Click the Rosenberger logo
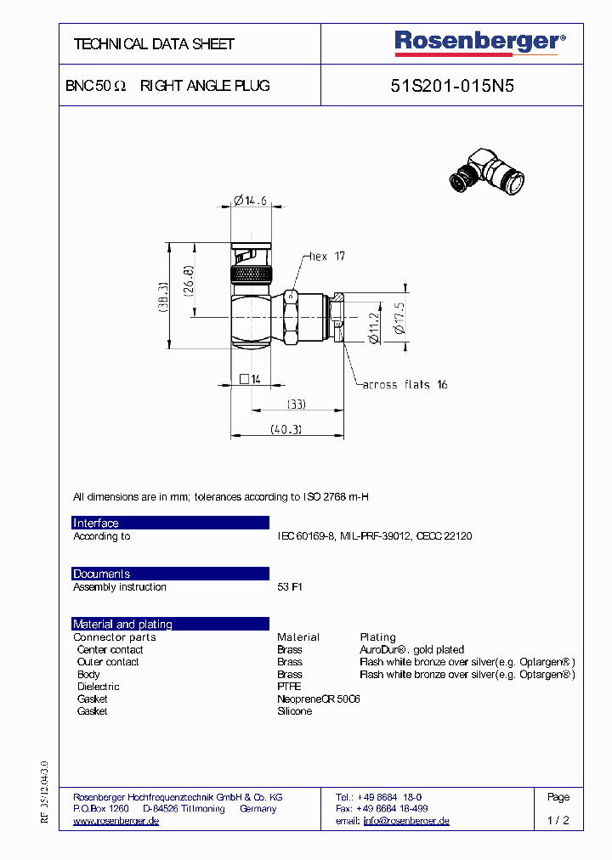click(479, 42)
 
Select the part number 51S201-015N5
click(452, 86)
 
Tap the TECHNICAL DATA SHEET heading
click(154, 44)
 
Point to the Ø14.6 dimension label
click(250, 201)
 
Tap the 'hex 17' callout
click(327, 256)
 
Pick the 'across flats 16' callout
click(405, 385)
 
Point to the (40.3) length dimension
click(286, 429)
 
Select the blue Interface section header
click(170, 523)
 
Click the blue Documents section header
click(170, 574)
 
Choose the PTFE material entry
click(289, 687)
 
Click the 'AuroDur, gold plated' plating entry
click(411, 649)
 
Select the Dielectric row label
click(99, 687)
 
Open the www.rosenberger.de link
click(116, 821)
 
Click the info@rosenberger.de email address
click(406, 821)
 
